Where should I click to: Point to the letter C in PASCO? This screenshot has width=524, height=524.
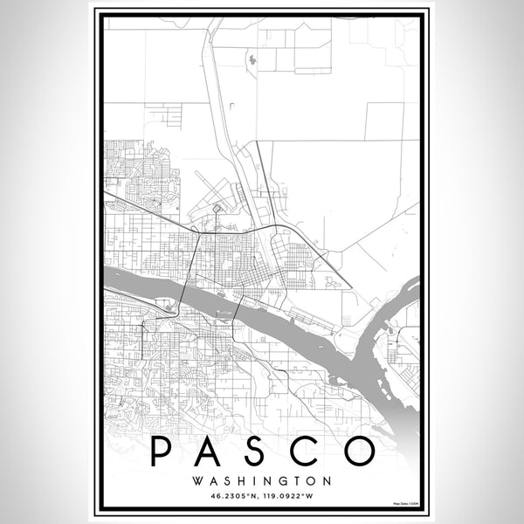(x=314, y=451)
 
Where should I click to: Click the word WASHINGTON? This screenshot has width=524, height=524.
(x=262, y=480)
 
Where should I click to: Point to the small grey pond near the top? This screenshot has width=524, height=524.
(x=252, y=60)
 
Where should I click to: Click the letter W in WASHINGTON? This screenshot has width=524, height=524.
(x=199, y=480)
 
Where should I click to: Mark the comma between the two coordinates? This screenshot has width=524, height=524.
(x=259, y=497)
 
